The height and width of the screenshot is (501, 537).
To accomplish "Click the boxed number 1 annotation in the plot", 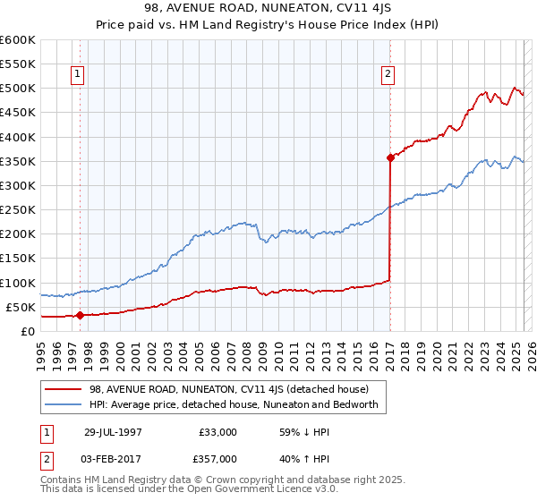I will pyautogui.click(x=79, y=75).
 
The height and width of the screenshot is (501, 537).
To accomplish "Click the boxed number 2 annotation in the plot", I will pyautogui.click(x=388, y=75).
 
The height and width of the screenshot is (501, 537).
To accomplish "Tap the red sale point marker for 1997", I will pyautogui.click(x=80, y=315).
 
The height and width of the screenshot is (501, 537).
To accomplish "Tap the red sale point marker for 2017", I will pyautogui.click(x=390, y=157).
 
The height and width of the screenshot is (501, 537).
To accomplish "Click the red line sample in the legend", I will pyautogui.click(x=64, y=389).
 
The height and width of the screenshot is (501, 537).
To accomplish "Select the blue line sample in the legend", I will pyautogui.click(x=64, y=404).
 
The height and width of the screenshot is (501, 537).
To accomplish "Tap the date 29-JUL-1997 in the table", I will pyautogui.click(x=113, y=432).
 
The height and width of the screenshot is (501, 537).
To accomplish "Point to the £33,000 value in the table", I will pyautogui.click(x=216, y=432).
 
